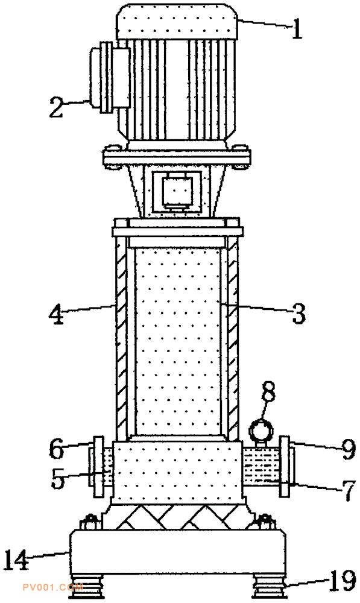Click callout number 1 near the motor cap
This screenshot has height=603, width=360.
pyautogui.click(x=297, y=30)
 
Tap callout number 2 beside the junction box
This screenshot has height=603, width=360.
pyautogui.click(x=57, y=107)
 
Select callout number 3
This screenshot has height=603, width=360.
pyautogui.click(x=298, y=314)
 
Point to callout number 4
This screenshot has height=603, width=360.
pyautogui.click(x=56, y=315)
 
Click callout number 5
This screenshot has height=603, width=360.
pyautogui.click(x=58, y=479)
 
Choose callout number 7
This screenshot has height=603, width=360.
pyautogui.click(x=348, y=491)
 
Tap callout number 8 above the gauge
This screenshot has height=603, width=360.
pyautogui.click(x=268, y=392)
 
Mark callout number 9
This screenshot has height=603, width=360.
pyautogui.click(x=349, y=450)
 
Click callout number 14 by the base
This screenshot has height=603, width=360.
pyautogui.click(x=17, y=560)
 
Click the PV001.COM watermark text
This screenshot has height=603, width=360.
pyautogui.click(x=52, y=587)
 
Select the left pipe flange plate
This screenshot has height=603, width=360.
pyautogui.click(x=99, y=467)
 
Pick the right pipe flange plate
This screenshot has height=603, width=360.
pyautogui.click(x=284, y=467)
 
